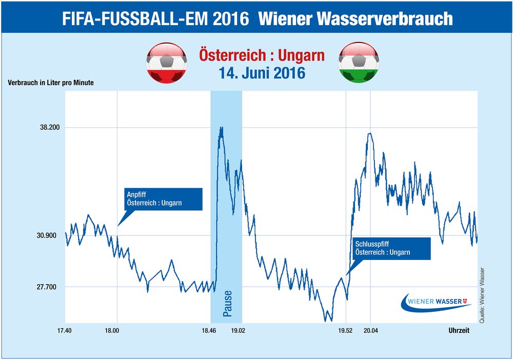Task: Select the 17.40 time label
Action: pyautogui.click(x=66, y=331)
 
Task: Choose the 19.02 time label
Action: pyautogui.click(x=238, y=331)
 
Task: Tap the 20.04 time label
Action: pyautogui.click(x=370, y=331)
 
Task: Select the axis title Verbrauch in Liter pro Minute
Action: pyautogui.click(x=51, y=83)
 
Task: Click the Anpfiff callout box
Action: pyautogui.click(x=164, y=199)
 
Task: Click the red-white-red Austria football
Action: pyautogui.click(x=167, y=63)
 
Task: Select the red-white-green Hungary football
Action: pyautogui.click(x=359, y=63)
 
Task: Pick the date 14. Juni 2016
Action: pyautogui.click(x=262, y=72)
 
